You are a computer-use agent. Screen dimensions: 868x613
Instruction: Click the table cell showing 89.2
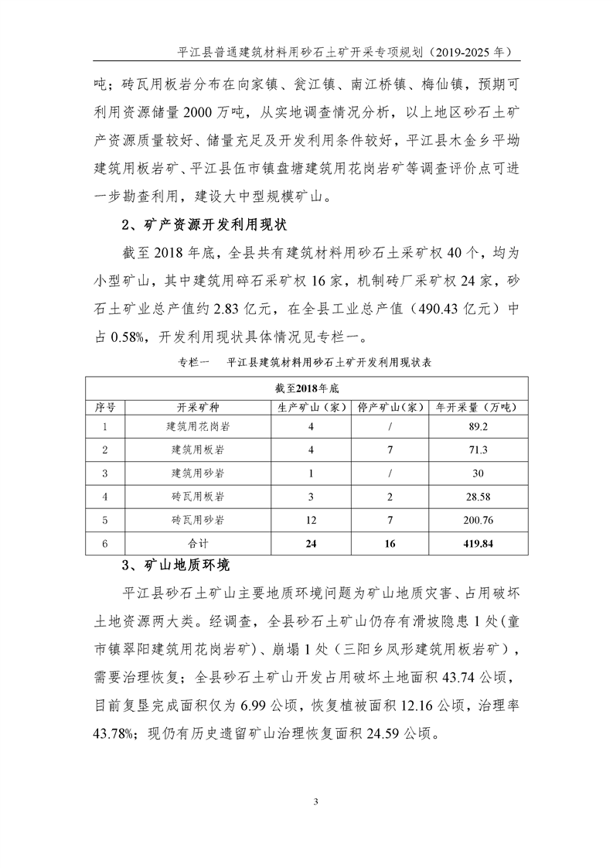click(478, 426)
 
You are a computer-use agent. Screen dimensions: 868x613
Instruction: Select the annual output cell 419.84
click(478, 544)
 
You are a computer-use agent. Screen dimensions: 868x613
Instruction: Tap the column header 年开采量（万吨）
click(478, 406)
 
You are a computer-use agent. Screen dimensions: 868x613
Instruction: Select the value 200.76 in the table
click(478, 521)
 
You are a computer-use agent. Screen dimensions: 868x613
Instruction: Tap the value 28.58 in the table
click(478, 497)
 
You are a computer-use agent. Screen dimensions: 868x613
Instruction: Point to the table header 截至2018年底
click(307, 387)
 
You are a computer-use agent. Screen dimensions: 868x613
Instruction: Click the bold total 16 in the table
click(390, 544)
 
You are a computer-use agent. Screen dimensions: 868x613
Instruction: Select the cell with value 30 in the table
click(478, 473)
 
